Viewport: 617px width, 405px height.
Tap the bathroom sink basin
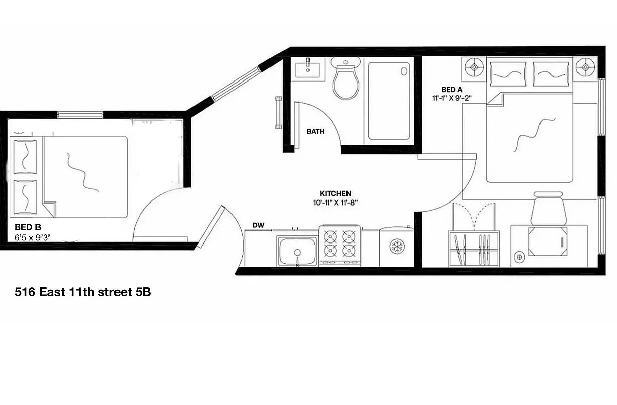308,68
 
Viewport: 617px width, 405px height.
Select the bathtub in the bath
389,101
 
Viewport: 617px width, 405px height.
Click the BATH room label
316,132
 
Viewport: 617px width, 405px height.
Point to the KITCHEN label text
335,193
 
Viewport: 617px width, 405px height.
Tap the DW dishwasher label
259,225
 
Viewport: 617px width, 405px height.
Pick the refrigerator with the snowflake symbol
396,247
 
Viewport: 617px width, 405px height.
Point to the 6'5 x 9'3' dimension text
34,237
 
